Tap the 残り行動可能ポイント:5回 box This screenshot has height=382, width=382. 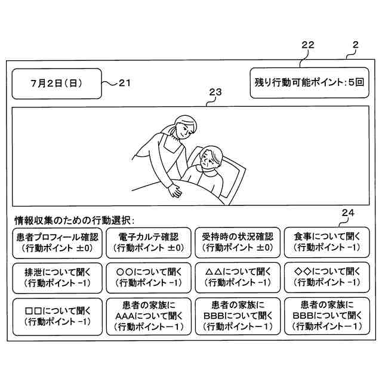309,84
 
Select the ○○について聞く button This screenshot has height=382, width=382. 147,276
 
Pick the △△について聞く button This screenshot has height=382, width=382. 237,276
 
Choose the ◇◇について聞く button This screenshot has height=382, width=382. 327,276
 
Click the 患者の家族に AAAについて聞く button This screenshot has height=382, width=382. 147,316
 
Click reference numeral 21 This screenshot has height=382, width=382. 124,84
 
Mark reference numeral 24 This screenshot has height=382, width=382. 348,212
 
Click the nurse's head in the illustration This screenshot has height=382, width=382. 182,127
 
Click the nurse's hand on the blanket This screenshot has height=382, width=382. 175,191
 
